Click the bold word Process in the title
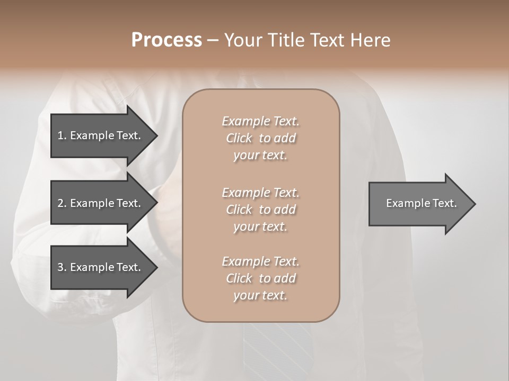166,40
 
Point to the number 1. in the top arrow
62,135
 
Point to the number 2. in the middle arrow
62,203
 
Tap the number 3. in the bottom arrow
62,267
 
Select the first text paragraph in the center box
260,138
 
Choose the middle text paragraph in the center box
260,210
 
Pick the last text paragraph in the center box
260,278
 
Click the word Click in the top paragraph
239,138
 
